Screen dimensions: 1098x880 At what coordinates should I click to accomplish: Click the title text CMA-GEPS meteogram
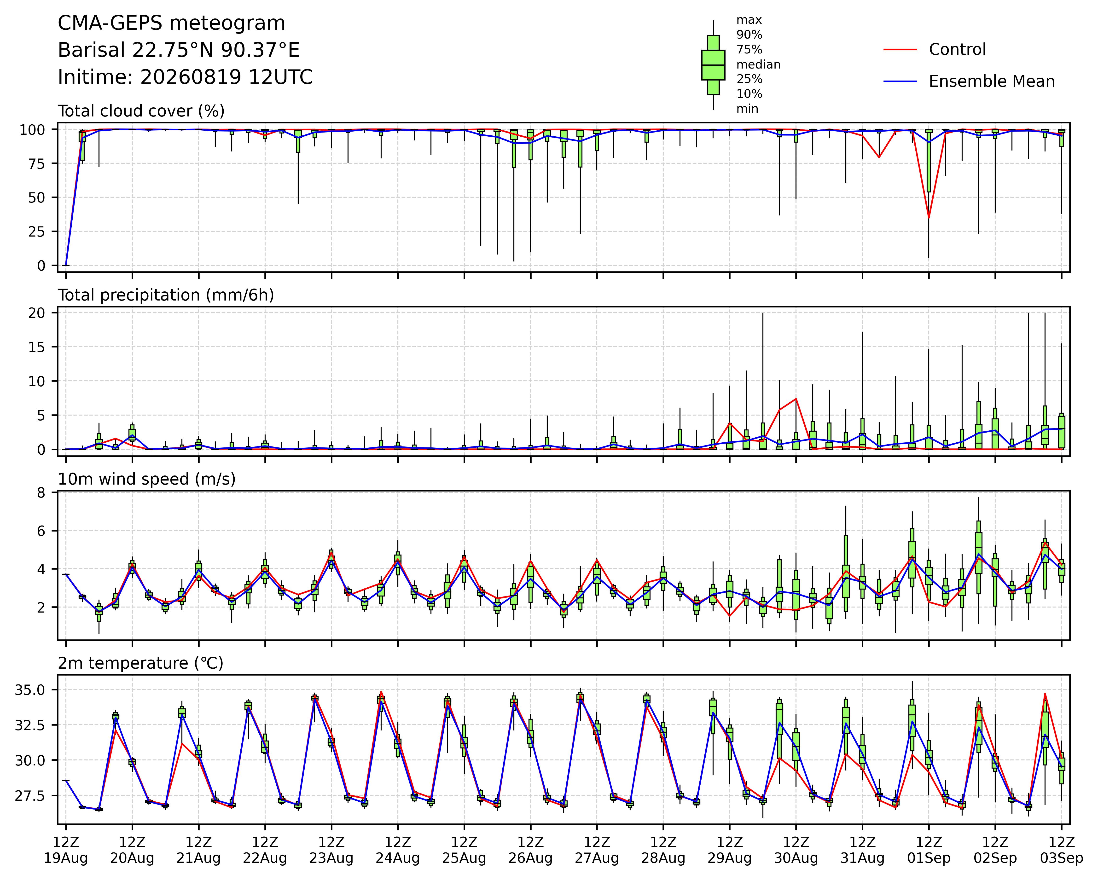click(172, 23)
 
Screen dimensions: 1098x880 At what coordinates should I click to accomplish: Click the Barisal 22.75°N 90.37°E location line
click(179, 50)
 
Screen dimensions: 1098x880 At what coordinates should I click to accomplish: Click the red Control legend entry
click(935, 49)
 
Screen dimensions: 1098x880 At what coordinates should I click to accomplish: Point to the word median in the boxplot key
click(758, 65)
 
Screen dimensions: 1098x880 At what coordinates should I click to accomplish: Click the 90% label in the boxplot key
click(749, 35)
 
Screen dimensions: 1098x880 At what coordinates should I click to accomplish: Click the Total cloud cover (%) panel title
click(141, 111)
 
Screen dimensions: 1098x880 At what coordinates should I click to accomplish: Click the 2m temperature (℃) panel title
click(140, 663)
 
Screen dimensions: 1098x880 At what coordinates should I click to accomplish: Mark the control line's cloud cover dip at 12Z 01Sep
click(929, 218)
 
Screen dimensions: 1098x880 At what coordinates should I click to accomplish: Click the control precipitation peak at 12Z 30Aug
click(796, 399)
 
